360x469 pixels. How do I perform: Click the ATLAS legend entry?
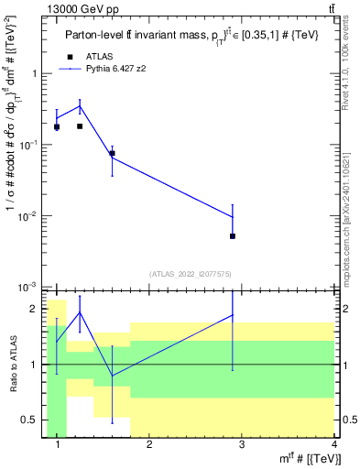coord(98,57)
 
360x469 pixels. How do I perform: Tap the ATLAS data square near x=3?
coord(233,236)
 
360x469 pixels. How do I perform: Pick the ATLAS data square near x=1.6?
coord(112,154)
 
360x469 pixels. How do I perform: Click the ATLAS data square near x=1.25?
coord(80,126)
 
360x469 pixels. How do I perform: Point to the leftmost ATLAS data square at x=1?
coord(57,127)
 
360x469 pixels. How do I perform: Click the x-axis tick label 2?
coord(149,444)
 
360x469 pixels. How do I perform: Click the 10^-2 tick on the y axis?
coord(29,216)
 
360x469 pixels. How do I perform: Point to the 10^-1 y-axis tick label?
coord(29,145)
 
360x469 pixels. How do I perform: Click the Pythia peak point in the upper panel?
coord(80,106)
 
